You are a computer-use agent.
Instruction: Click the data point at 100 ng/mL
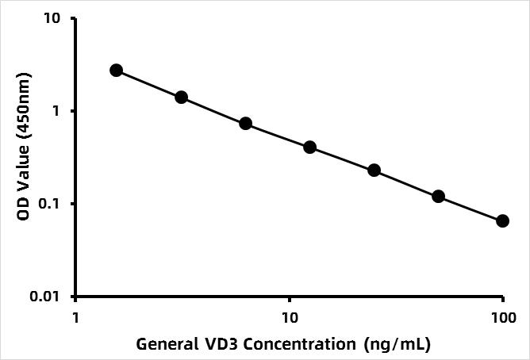pyautogui.click(x=502, y=220)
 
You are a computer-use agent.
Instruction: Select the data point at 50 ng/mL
pyautogui.click(x=438, y=196)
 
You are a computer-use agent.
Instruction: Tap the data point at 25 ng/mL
pyautogui.click(x=374, y=170)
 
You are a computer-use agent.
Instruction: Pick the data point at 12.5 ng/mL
pyautogui.click(x=309, y=147)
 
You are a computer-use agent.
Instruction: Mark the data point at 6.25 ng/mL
pyautogui.click(x=245, y=124)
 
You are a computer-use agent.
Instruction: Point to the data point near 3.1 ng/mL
pyautogui.click(x=181, y=97)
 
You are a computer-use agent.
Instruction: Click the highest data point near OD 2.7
pyautogui.click(x=117, y=71)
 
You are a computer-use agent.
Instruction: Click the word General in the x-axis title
pyautogui.click(x=163, y=345)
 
